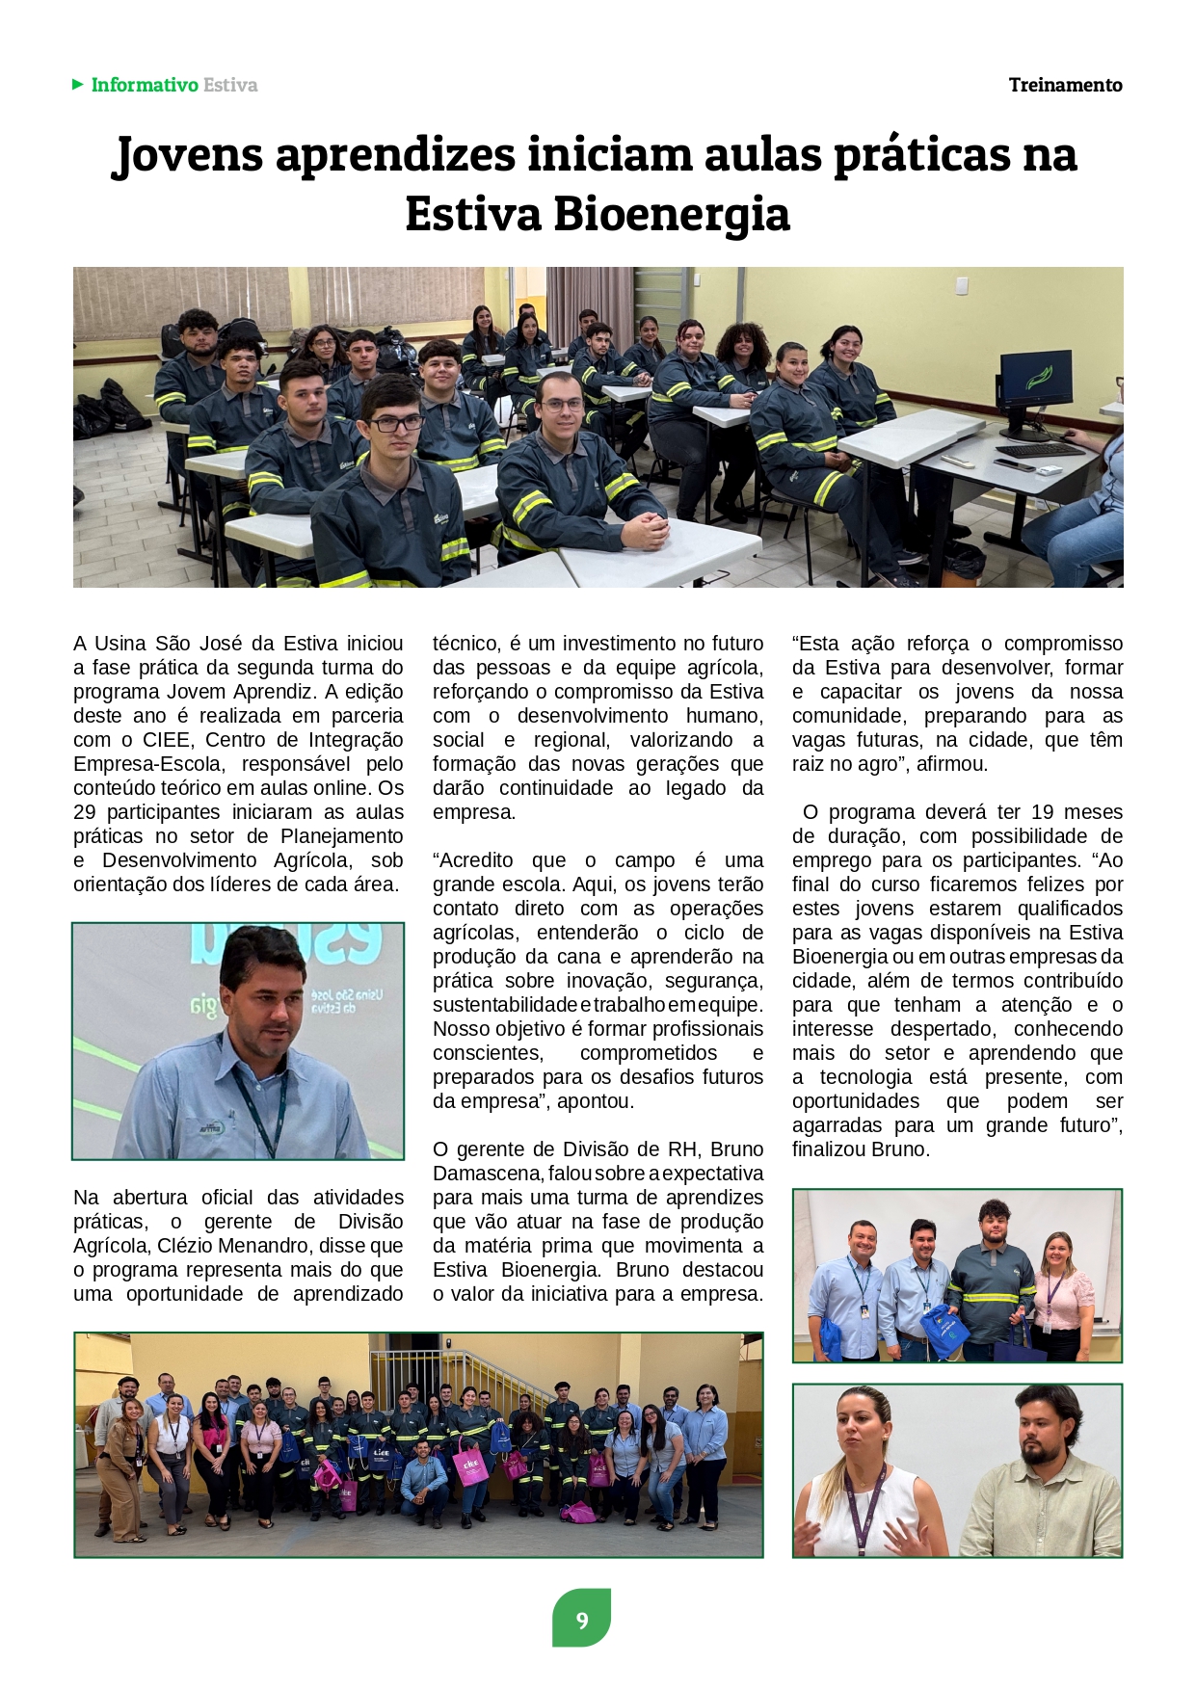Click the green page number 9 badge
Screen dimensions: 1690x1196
(581, 1620)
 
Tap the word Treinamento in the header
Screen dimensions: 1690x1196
(1065, 85)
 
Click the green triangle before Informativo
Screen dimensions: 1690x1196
(78, 85)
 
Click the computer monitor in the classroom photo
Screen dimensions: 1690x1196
(1035, 381)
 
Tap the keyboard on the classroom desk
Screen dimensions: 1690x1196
(1040, 450)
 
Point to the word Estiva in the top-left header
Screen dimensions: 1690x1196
(230, 85)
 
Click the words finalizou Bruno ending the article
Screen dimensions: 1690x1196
(860, 1149)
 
